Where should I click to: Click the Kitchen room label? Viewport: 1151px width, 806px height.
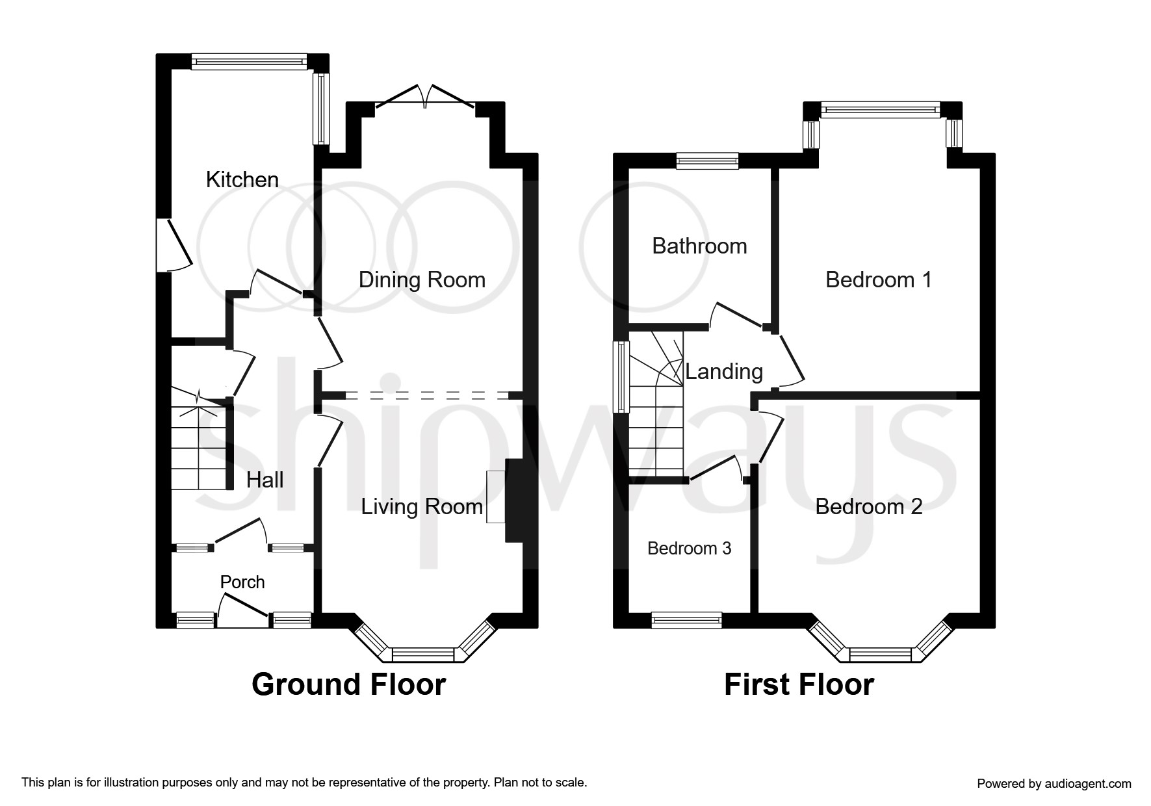tap(242, 179)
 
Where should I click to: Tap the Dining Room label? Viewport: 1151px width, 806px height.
tap(422, 279)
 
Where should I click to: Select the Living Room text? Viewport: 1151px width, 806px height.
tap(422, 506)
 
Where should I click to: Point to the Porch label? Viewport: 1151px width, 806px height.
tap(242, 582)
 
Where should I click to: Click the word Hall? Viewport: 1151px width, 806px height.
tap(265, 480)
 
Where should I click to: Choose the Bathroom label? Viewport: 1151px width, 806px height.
tap(699, 246)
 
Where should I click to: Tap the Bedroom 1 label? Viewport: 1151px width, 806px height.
tap(878, 279)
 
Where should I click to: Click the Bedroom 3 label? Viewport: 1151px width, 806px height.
tap(689, 548)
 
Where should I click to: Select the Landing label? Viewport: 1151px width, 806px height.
tap(724, 371)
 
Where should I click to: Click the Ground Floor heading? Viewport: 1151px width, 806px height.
tap(348, 684)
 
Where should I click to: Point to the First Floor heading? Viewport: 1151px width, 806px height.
tap(799, 684)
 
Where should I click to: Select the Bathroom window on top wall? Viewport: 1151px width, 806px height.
tap(707, 161)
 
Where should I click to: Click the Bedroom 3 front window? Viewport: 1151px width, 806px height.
tap(686, 620)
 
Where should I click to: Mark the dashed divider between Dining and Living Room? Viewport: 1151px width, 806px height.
tap(426, 395)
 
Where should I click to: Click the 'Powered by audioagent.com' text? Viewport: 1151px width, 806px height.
tap(1054, 783)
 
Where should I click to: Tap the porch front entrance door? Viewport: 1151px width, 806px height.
tap(242, 614)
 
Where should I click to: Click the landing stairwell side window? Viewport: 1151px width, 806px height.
tap(623, 376)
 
